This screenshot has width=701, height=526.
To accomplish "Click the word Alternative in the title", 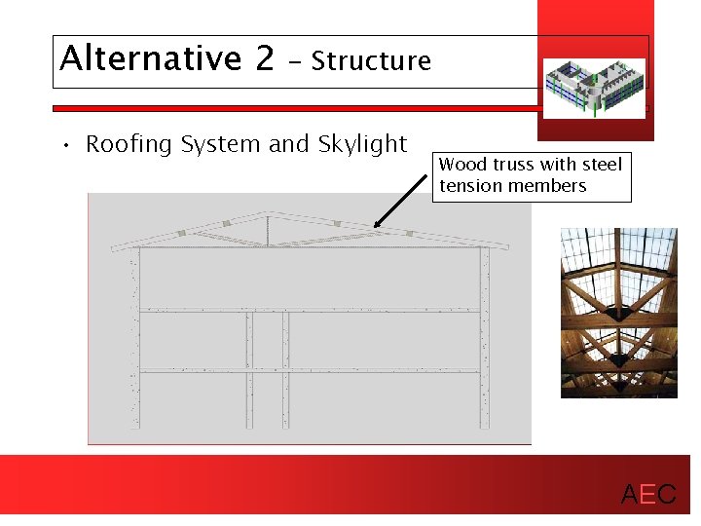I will pos(149,58).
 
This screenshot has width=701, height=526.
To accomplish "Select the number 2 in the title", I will pos(265,58).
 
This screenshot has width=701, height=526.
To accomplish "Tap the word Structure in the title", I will pos(371,61).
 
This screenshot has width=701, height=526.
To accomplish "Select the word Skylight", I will pos(362,145).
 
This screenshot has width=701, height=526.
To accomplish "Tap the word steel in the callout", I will pos(602,165).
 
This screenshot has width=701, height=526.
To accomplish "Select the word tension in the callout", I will pos(469,185).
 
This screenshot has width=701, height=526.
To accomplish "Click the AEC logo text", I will pos(648,495).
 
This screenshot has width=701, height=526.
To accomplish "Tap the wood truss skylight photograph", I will pos(618,312).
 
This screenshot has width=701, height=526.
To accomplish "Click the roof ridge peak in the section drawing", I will pos(270,212).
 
